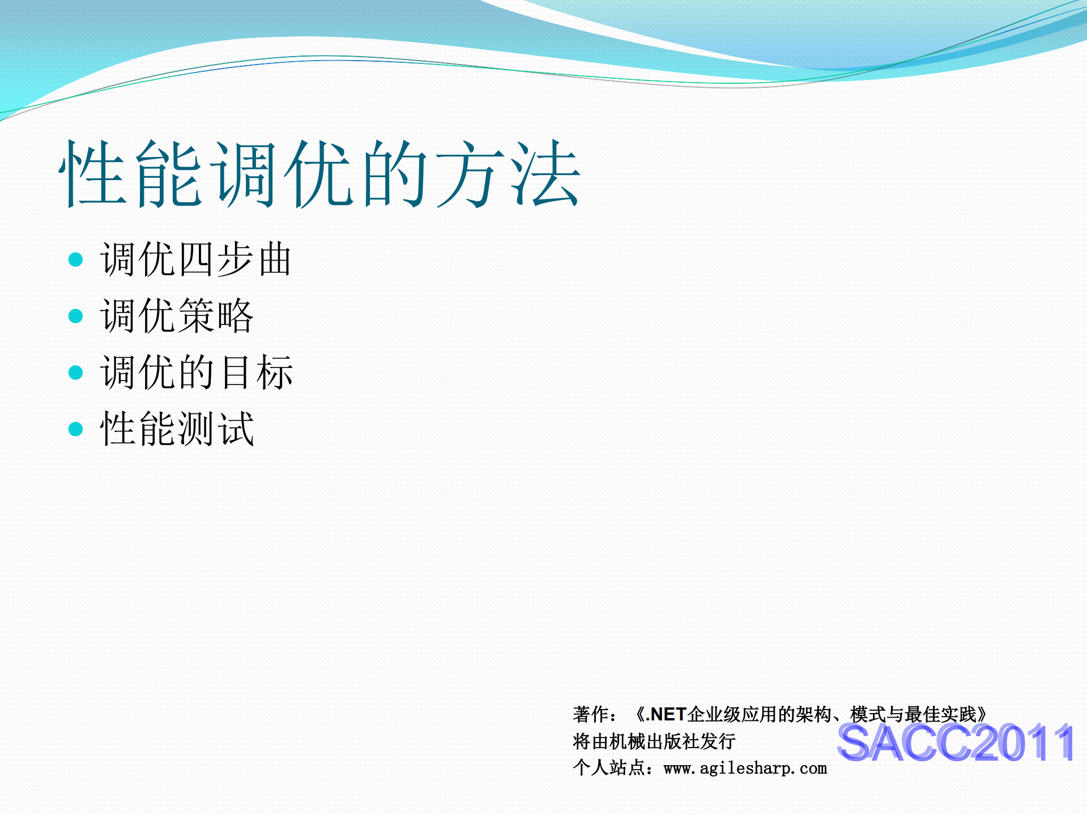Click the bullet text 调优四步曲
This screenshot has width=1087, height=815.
tap(195, 259)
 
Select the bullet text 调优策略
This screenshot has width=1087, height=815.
tap(177, 316)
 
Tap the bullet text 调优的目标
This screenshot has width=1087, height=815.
tap(196, 372)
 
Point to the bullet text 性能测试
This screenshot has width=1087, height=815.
tap(177, 429)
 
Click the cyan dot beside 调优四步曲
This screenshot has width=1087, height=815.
tap(75, 260)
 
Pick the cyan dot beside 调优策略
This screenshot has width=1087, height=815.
tap(75, 316)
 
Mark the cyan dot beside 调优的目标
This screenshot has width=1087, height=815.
tap(75, 373)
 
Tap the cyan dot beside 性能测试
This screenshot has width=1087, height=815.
tap(75, 429)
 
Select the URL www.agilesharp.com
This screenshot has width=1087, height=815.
tap(745, 769)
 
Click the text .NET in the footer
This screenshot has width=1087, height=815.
tap(666, 715)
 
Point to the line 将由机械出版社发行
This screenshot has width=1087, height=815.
tap(654, 741)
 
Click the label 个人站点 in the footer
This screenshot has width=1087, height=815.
tap(608, 769)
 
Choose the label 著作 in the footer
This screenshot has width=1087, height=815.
tap(590, 715)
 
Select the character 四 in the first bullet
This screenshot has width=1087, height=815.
tap(195, 259)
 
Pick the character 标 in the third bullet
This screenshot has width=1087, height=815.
tap(275, 372)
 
